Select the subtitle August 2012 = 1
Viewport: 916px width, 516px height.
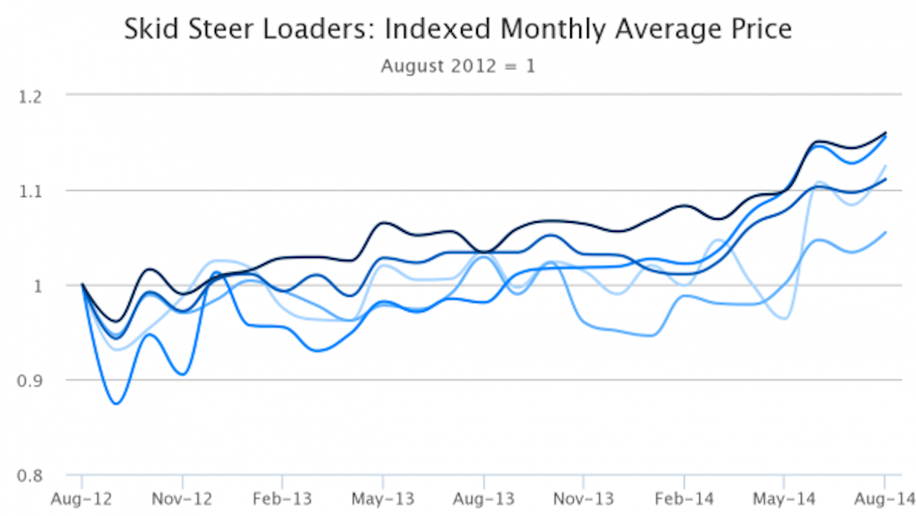[x=458, y=66]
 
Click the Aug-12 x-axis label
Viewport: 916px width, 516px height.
[x=82, y=499]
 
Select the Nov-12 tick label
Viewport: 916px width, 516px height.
[x=182, y=499]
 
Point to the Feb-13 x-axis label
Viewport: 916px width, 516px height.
[x=282, y=499]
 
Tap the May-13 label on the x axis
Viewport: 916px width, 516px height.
[x=382, y=499]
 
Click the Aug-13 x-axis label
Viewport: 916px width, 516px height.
[x=483, y=499]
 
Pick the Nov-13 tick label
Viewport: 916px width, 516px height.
[x=583, y=499]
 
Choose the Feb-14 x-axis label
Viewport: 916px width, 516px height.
[x=683, y=499]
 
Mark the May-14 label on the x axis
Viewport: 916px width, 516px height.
[x=784, y=499]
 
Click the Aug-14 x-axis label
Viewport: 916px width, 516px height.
[x=884, y=499]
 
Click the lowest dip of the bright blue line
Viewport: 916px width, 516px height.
[x=116, y=403]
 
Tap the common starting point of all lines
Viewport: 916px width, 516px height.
[x=82, y=285]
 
